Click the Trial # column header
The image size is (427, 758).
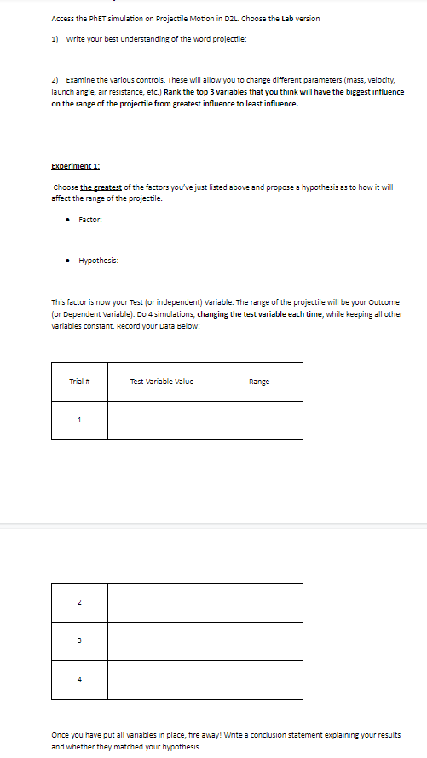point(80,381)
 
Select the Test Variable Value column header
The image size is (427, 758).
point(161,381)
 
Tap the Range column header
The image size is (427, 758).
point(259,381)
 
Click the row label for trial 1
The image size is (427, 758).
point(80,419)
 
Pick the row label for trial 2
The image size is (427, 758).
point(80,603)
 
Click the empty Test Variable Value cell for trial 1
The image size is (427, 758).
point(161,419)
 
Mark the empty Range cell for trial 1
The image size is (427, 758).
point(259,419)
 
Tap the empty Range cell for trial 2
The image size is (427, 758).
point(259,603)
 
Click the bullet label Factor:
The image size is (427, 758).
point(90,220)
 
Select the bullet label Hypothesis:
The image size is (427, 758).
point(98,261)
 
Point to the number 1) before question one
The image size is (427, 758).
point(55,42)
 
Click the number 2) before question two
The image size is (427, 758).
point(55,79)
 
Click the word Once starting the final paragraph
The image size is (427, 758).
point(62,734)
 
